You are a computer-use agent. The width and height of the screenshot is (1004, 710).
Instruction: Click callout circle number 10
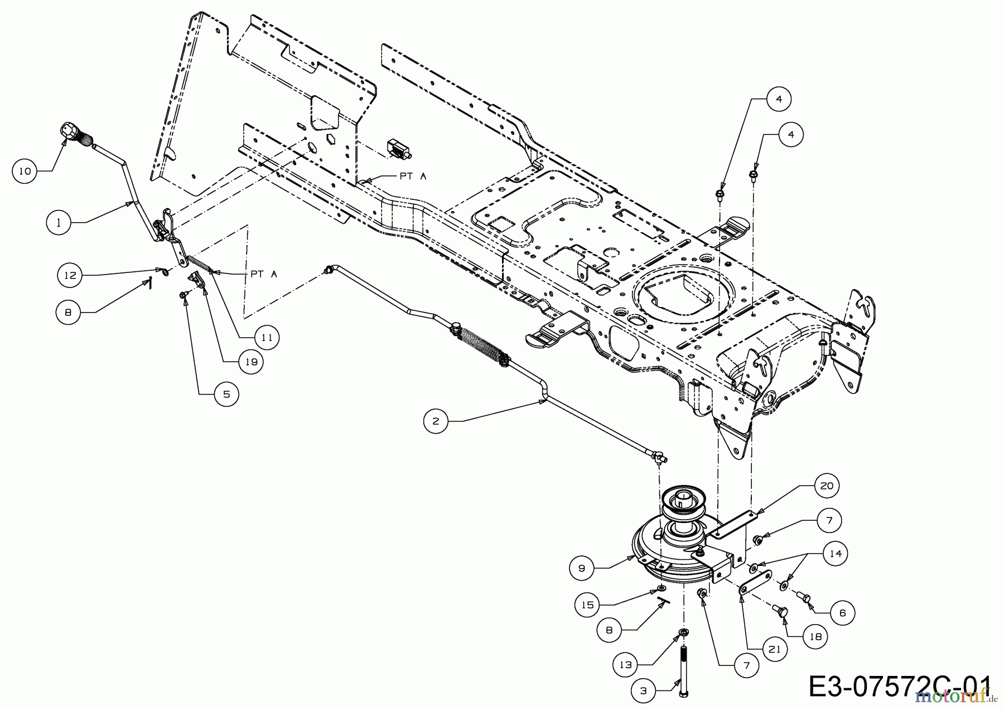[25, 171]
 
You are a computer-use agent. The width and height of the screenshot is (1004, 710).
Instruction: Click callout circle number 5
[226, 394]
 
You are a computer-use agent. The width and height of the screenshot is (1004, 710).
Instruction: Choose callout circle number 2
[436, 421]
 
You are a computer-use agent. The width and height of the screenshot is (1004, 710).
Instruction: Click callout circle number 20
[827, 486]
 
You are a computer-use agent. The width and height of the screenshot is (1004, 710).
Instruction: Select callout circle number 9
[582, 568]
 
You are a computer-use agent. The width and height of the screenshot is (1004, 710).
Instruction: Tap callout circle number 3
[643, 691]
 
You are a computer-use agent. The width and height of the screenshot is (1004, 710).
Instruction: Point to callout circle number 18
[815, 636]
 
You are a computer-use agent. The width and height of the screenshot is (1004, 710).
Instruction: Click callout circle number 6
[842, 613]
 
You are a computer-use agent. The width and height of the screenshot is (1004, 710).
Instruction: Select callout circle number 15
[588, 605]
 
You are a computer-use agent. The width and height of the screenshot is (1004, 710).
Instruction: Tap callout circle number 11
[267, 337]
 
